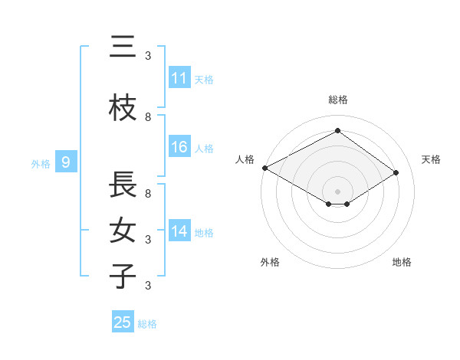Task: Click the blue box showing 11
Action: coord(179,78)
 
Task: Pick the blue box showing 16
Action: coord(179,147)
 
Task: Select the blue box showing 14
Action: coord(179,231)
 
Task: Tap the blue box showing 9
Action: coord(66,162)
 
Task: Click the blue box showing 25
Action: coord(123,322)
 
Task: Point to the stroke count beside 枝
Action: coord(148,117)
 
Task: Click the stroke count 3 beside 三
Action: coord(148,56)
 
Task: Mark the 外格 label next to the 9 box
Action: coord(41,163)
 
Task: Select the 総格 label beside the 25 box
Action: coord(147,323)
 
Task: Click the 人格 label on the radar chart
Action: coord(245,159)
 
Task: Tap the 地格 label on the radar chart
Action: coord(402,262)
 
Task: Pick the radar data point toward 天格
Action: coord(396,173)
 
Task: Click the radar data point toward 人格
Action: coord(264,168)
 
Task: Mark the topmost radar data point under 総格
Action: coord(337,131)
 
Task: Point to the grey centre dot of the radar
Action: coord(337,190)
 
